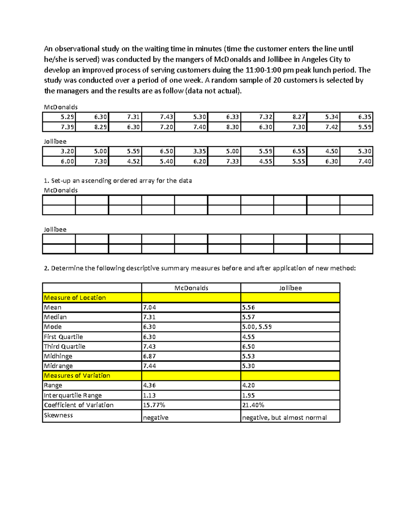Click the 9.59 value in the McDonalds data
pyautogui.click(x=365, y=127)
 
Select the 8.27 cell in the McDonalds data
pyautogui.click(x=299, y=117)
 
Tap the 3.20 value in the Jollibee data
pyautogui.click(x=67, y=151)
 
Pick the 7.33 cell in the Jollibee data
pyautogui.click(x=232, y=161)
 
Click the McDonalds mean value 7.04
pyautogui.click(x=150, y=307)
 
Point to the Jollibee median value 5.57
pyautogui.click(x=249, y=317)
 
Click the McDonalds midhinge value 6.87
pyautogui.click(x=150, y=356)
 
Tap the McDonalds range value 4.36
pyautogui.click(x=150, y=385)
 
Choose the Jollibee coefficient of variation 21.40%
pyautogui.click(x=253, y=405)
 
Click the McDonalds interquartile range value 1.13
pyautogui.click(x=149, y=395)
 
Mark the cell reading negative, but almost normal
pyautogui.click(x=284, y=417)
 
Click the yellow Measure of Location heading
pyautogui.click(x=75, y=298)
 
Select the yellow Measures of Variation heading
pyautogui.click(x=77, y=375)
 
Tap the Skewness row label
pyautogui.click(x=59, y=415)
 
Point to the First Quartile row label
pyautogui.click(x=63, y=337)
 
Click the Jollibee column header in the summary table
pyautogui.click(x=290, y=288)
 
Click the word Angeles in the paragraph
pyautogui.click(x=314, y=59)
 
